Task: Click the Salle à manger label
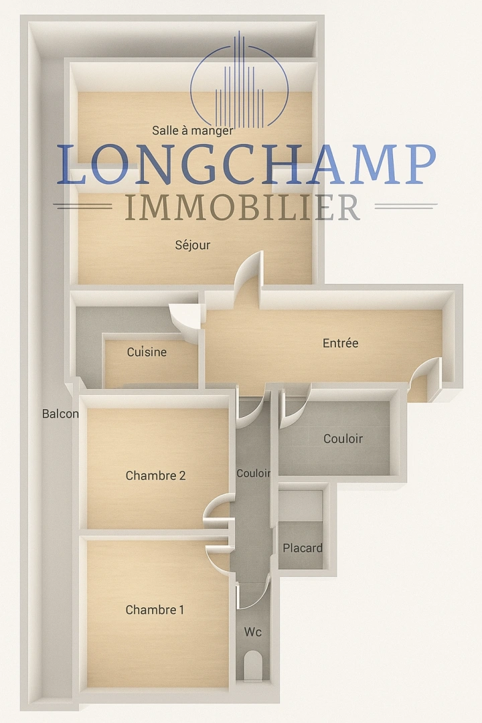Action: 192,131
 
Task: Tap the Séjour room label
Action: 192,245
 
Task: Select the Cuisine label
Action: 147,352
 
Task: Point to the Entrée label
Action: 340,343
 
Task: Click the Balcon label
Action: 60,414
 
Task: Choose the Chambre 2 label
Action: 155,475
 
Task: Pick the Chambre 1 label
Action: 155,610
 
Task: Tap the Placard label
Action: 303,548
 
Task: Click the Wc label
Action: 253,632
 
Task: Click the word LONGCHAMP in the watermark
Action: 247,164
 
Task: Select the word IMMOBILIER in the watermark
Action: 242,207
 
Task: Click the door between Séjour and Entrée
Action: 250,272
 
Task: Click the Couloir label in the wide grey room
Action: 343,438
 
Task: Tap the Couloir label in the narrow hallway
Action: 253,473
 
